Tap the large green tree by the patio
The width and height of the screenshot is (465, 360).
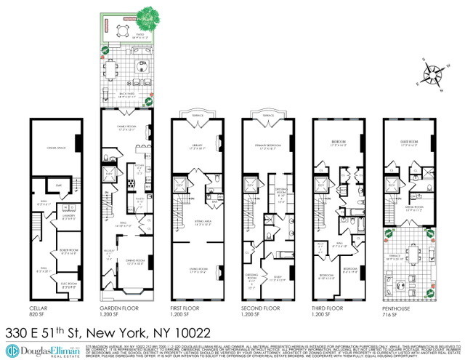pos(149,15)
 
